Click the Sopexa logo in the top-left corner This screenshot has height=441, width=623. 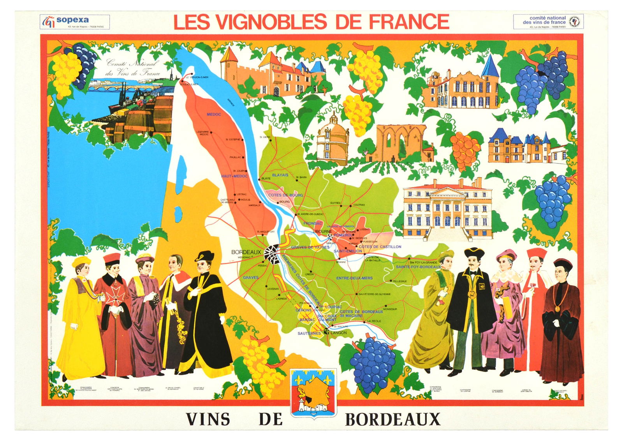[74, 21]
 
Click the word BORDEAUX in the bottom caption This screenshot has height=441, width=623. [392, 420]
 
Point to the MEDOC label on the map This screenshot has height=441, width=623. [214, 114]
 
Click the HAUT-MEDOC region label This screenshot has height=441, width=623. [234, 176]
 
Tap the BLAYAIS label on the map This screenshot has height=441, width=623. [280, 175]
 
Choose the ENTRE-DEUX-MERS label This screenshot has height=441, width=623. [354, 278]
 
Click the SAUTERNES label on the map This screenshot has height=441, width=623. [309, 333]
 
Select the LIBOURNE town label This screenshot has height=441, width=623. [322, 232]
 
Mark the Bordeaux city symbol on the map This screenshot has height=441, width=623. [271, 254]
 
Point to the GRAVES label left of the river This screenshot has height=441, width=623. [251, 278]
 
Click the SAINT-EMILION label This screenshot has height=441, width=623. [348, 251]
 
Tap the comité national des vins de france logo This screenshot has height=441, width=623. [548, 21]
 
